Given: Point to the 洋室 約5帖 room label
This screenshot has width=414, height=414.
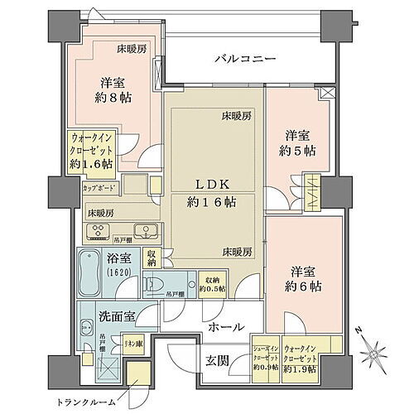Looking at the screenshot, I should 297,142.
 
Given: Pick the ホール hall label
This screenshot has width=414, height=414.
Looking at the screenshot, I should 224,328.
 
